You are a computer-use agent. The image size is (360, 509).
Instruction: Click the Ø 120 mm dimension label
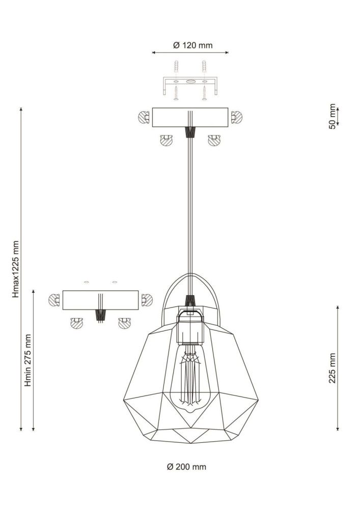point(193,45)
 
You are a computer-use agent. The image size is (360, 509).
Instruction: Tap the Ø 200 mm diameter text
point(186,467)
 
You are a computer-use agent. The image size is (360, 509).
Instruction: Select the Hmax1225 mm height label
point(16,269)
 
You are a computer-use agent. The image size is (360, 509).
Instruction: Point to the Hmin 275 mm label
point(28,360)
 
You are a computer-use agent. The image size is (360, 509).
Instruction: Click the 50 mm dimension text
point(332,116)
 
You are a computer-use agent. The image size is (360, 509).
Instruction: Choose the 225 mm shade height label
point(332,368)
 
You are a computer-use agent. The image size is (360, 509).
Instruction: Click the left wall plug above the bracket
point(176,67)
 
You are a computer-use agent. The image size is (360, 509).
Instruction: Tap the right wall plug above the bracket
point(204,67)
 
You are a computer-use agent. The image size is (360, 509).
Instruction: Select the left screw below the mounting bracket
point(176,93)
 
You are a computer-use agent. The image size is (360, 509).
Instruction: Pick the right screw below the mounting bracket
point(204,93)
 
